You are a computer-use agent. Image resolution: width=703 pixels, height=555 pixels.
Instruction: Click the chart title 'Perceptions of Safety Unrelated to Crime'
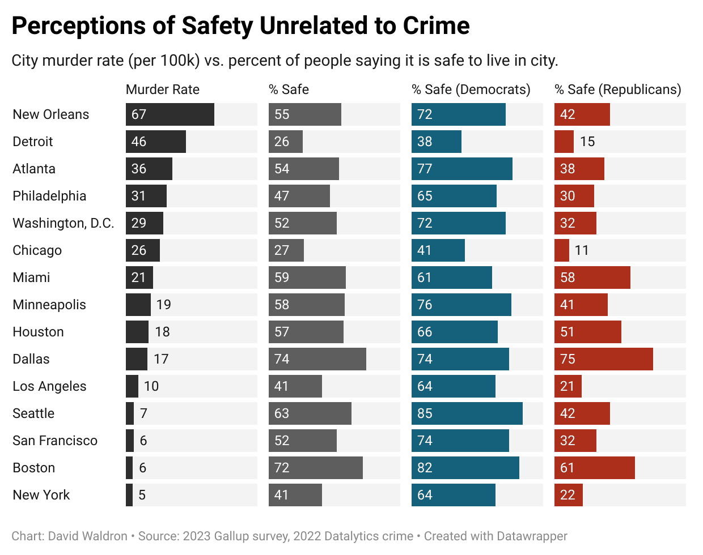(x=240, y=26)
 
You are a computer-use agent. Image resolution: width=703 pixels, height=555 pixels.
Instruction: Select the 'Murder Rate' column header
(x=163, y=89)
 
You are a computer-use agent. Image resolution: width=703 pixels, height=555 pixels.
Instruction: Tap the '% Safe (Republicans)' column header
(x=618, y=89)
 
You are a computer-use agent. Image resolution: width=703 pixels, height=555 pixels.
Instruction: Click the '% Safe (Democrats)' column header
(x=471, y=89)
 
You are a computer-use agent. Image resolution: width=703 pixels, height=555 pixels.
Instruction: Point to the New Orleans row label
(x=51, y=114)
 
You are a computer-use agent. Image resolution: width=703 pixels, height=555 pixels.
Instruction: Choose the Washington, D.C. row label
(x=63, y=223)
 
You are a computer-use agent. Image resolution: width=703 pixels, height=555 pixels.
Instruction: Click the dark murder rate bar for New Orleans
(x=170, y=114)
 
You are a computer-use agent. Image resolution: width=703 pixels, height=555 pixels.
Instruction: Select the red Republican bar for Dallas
(x=604, y=359)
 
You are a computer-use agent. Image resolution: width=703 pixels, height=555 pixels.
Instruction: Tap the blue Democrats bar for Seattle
(x=467, y=413)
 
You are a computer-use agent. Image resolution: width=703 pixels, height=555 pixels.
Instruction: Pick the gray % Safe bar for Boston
(x=316, y=468)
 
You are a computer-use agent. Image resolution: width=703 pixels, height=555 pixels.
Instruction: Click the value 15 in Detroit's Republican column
(x=587, y=142)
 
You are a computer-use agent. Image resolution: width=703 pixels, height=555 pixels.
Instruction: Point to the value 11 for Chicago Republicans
(x=582, y=250)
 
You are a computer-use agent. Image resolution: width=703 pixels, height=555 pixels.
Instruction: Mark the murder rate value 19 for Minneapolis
(x=164, y=305)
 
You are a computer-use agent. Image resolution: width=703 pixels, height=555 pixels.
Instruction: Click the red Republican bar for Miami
(x=592, y=277)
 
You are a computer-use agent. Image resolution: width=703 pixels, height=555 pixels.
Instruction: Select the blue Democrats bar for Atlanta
(x=462, y=169)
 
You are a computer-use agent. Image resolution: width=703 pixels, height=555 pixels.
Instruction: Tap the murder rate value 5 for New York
(x=142, y=495)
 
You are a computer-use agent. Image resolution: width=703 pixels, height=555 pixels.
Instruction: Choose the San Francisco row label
(x=55, y=441)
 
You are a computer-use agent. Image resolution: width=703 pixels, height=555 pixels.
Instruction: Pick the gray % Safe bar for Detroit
(x=286, y=142)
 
